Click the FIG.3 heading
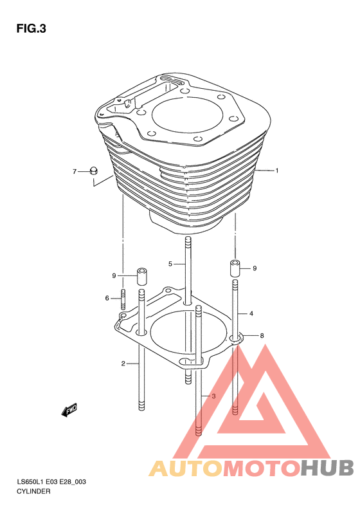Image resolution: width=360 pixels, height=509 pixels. [x=31, y=28]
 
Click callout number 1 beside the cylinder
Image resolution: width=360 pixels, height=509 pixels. [x=277, y=171]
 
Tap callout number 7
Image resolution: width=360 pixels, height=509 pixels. [x=75, y=171]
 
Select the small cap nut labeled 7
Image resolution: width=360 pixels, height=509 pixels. [x=94, y=171]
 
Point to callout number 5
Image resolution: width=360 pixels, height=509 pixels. [x=170, y=264]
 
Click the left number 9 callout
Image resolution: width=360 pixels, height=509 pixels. [x=114, y=275]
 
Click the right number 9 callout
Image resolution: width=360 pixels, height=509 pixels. [x=255, y=268]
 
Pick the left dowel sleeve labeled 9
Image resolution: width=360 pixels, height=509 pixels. [x=141, y=276]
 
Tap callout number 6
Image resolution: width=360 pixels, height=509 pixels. [x=107, y=298]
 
